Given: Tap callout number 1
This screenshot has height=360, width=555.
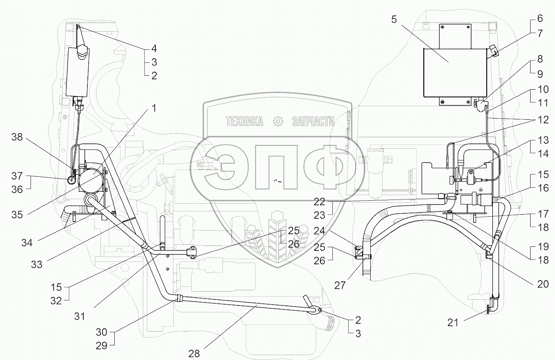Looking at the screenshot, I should point(154,108).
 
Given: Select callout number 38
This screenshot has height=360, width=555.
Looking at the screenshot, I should point(17,138).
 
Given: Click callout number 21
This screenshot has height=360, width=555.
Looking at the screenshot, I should point(453,323).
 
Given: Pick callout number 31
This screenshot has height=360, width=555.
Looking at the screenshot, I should point(80,316).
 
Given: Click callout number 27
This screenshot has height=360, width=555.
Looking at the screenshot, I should point(340,285).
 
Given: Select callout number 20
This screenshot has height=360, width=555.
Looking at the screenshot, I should point(543,284).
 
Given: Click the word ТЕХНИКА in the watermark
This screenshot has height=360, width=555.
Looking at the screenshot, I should point(245,121).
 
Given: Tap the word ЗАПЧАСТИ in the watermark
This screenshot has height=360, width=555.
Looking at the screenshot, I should point(313,121).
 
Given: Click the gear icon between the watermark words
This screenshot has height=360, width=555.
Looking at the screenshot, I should point(278,121).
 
